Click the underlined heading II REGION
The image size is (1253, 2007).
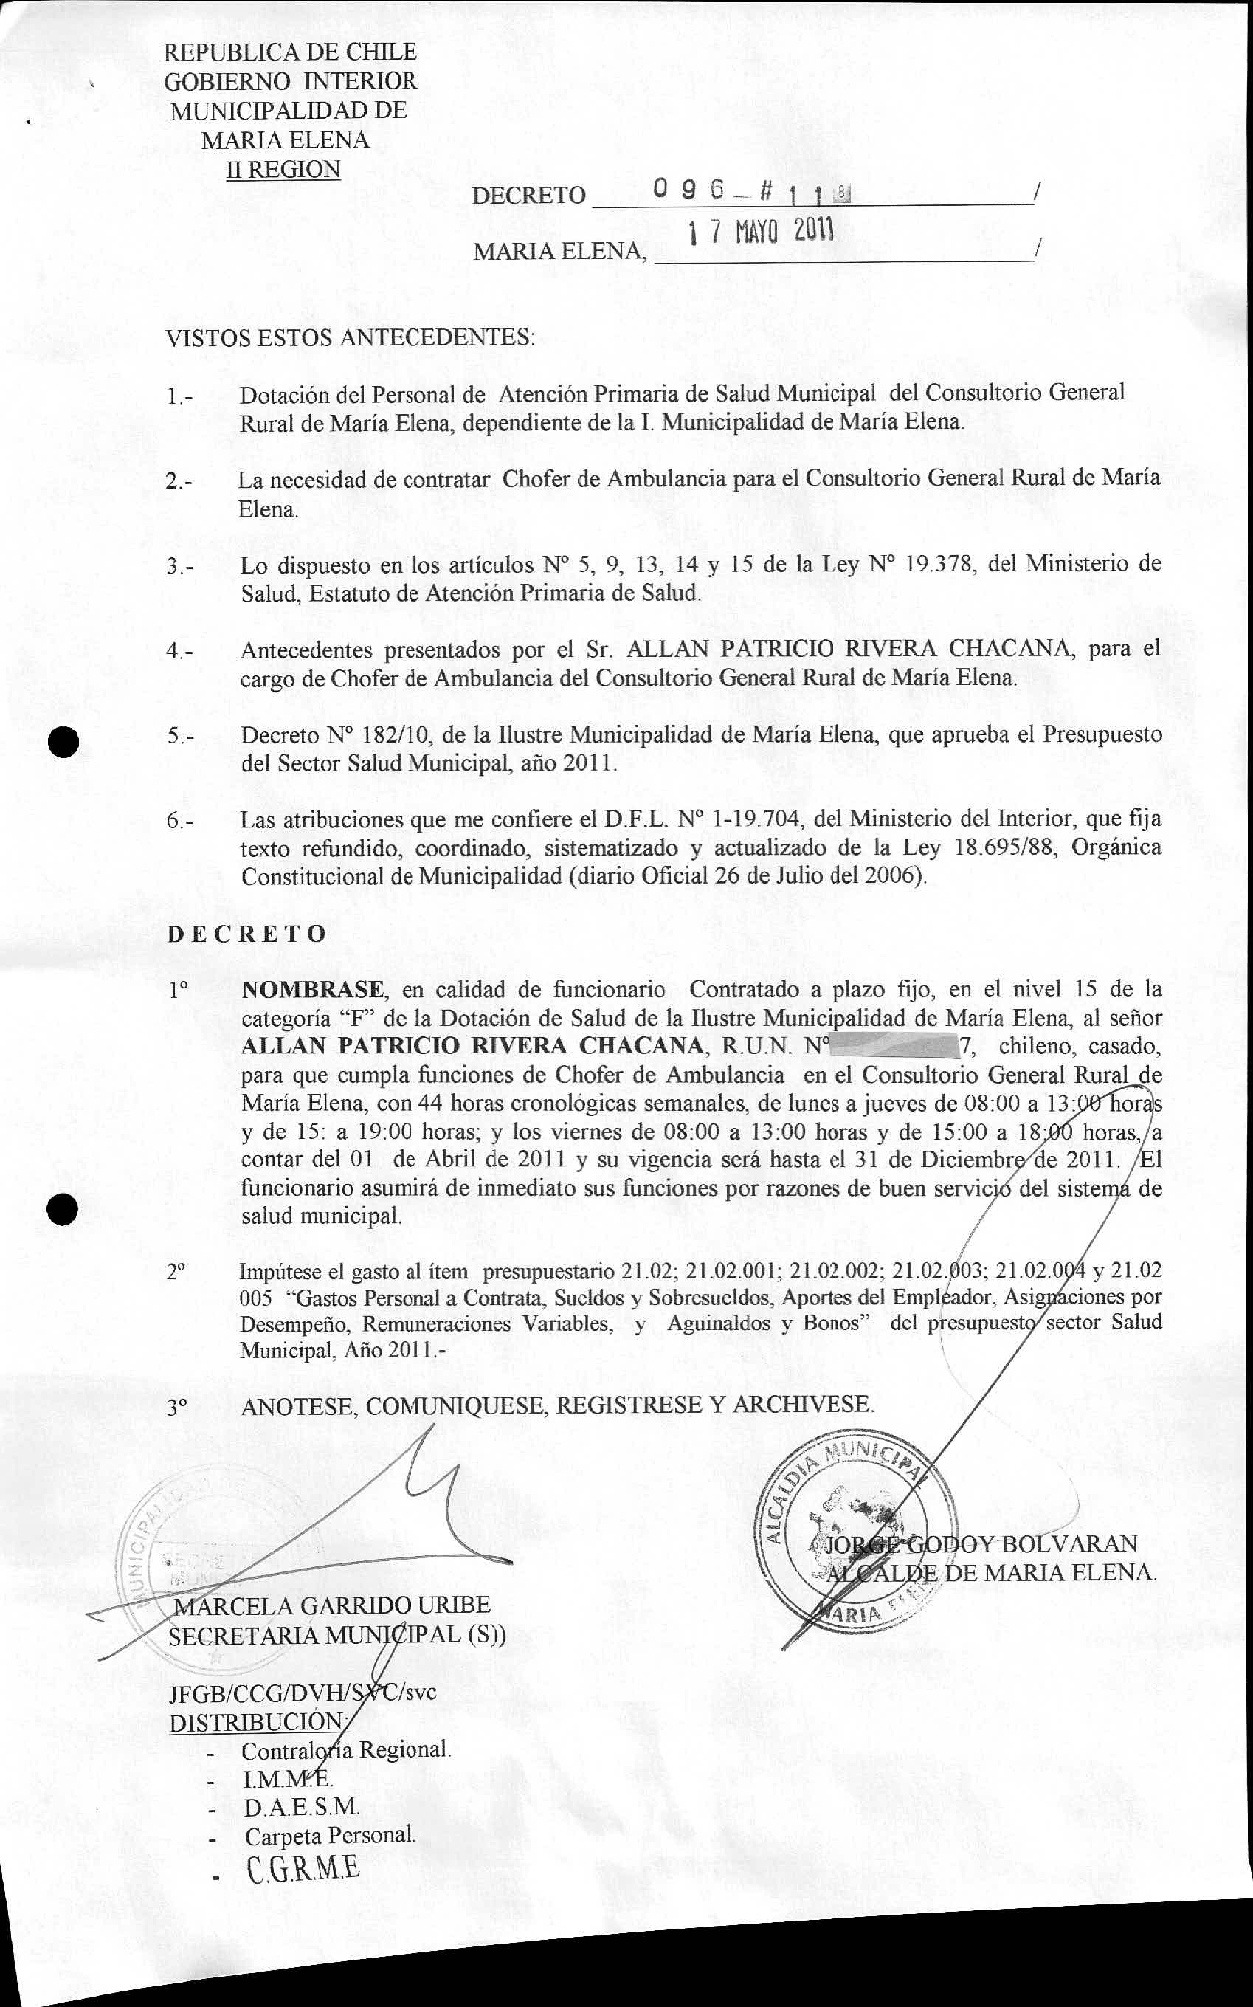(x=283, y=169)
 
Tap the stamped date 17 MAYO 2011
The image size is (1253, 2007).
(x=761, y=232)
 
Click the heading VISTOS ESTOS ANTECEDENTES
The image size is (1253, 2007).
(x=350, y=337)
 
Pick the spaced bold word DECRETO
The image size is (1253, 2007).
(x=247, y=934)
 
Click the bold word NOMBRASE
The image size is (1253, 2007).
(x=312, y=989)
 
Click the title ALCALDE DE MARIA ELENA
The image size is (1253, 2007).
(x=990, y=1573)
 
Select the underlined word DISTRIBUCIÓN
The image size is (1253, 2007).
(x=257, y=1722)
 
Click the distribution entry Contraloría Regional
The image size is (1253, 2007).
(x=345, y=1750)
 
